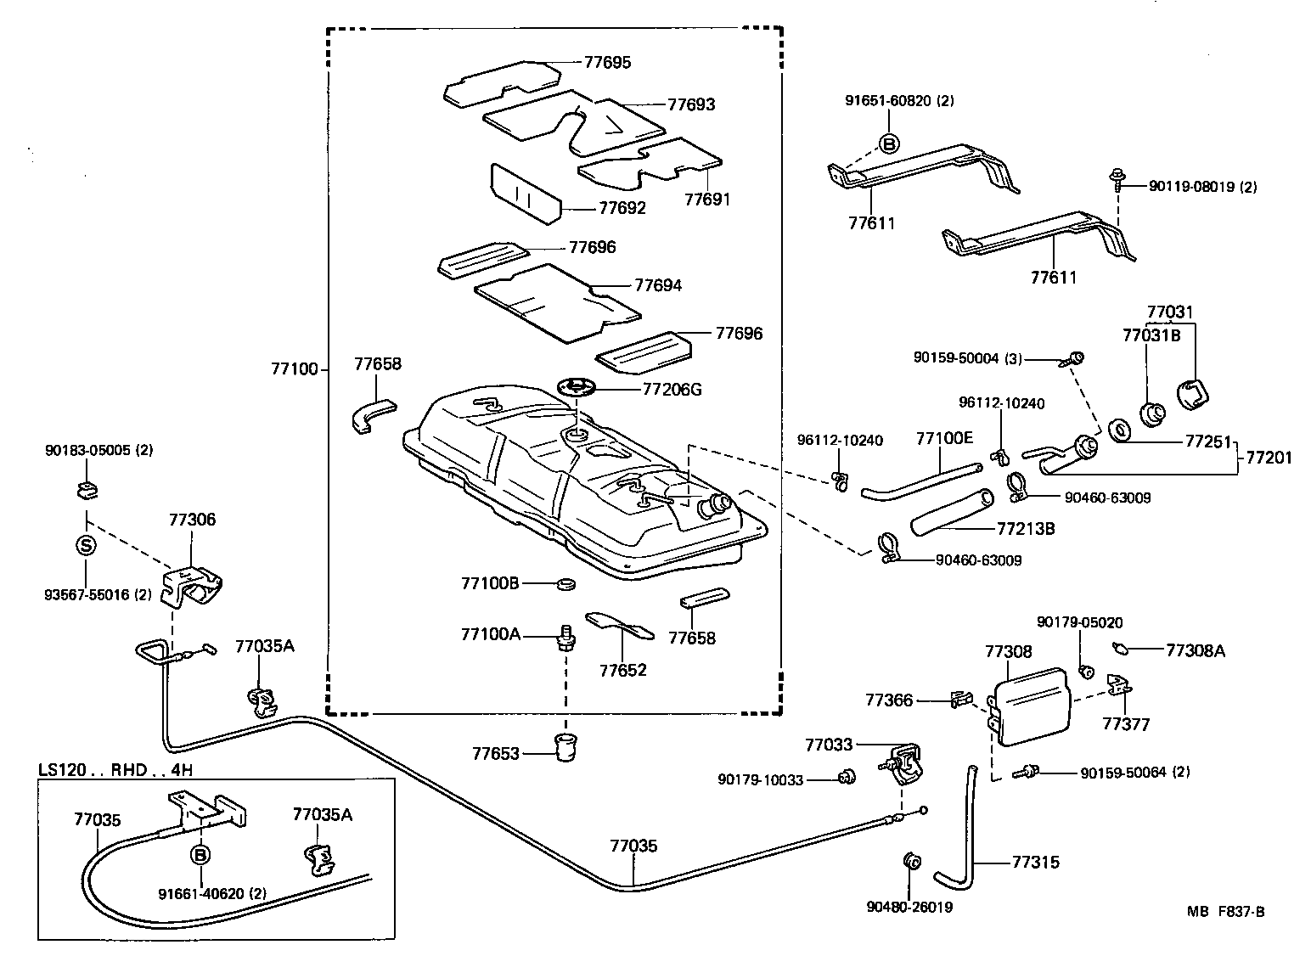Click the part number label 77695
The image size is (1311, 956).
[607, 62]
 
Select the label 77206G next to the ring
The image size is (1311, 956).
[672, 390]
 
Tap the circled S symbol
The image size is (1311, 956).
[87, 546]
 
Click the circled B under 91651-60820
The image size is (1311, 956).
[888, 143]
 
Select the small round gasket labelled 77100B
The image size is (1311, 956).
[564, 584]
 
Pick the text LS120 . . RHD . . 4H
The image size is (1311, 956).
[115, 770]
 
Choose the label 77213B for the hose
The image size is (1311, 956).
[1025, 528]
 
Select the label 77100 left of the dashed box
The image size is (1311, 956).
[294, 369]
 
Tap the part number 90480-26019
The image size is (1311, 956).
[909, 907]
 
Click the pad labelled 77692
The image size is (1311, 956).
[525, 194]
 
